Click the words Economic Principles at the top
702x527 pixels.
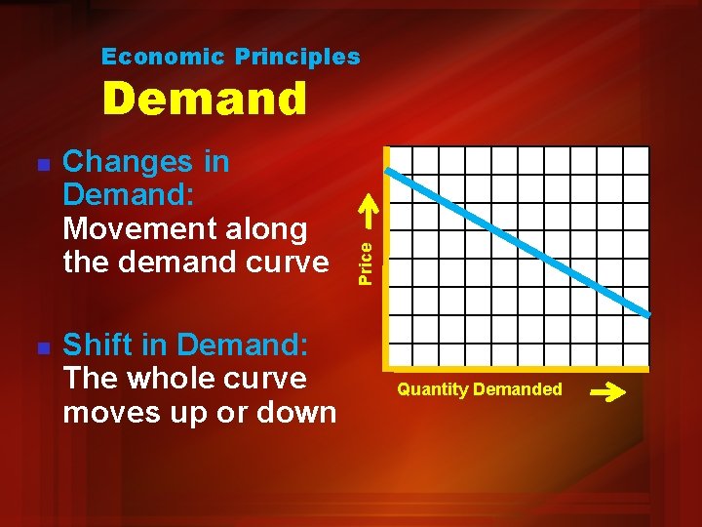pos(231,57)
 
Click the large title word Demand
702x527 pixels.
pos(205,99)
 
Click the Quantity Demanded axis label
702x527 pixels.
pos(479,389)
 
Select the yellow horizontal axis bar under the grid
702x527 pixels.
pos(517,368)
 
